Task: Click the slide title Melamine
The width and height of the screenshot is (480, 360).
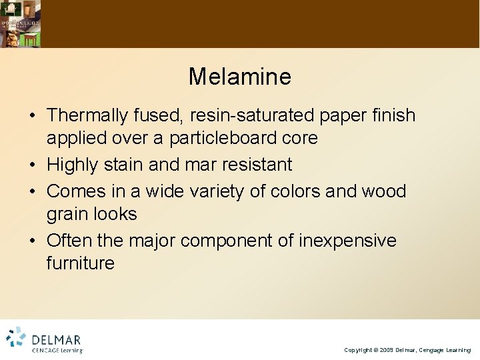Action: point(239,77)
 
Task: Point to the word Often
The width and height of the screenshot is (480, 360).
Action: point(70,240)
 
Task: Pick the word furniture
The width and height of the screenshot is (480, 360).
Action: point(80,263)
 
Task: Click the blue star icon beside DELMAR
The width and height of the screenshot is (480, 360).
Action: point(16,337)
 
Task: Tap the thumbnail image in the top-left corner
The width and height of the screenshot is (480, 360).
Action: point(20,23)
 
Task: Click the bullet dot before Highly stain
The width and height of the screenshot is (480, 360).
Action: point(32,165)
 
